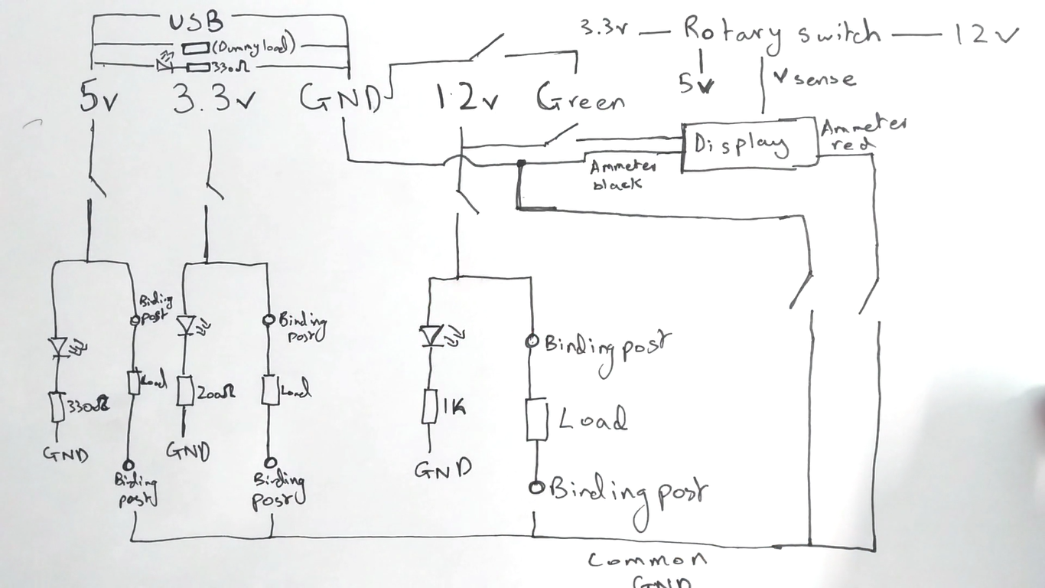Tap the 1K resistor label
click(x=452, y=408)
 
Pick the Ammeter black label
click(x=623, y=175)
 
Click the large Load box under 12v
click(x=537, y=419)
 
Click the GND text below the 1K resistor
click(x=443, y=468)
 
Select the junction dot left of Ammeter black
click(x=521, y=163)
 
